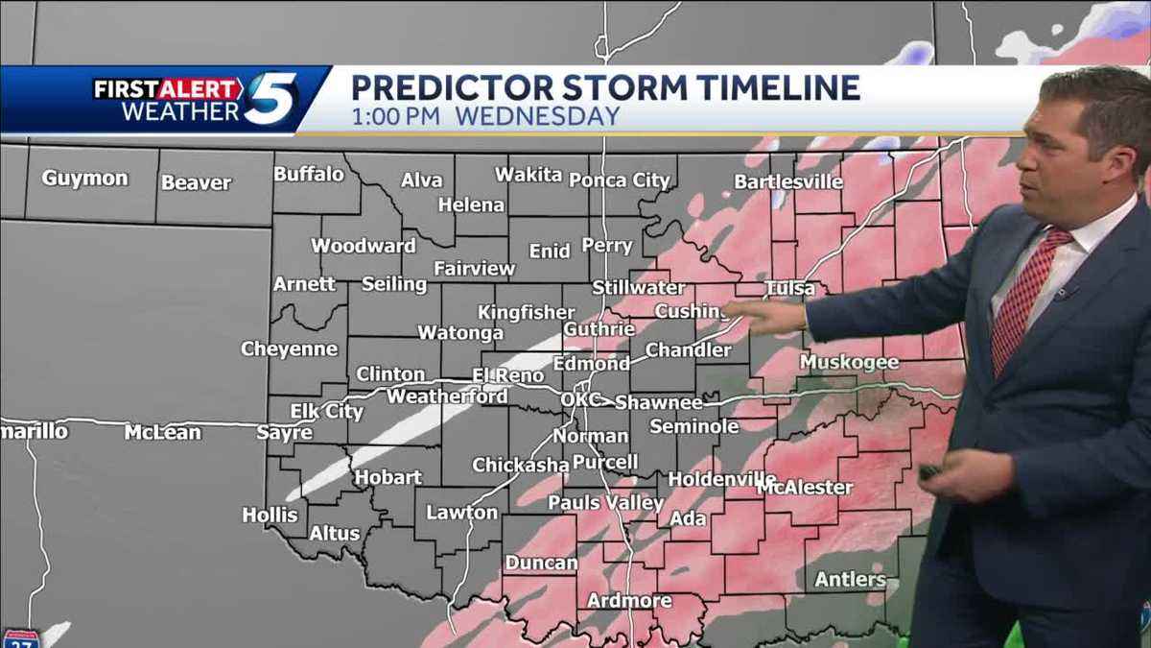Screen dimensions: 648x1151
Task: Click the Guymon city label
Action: coord(84,179)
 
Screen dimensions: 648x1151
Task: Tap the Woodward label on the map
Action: coord(364,246)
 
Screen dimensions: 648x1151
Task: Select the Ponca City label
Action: coord(620,180)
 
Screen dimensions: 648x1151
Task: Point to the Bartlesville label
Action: coord(788,181)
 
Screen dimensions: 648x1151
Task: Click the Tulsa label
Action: coord(789,288)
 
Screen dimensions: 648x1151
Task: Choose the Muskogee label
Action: coord(849,362)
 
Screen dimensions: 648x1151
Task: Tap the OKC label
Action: coord(580,399)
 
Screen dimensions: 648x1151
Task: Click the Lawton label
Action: coord(462,513)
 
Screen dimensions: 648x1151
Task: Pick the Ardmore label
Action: coord(629,601)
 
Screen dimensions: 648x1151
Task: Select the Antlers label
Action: coord(850,579)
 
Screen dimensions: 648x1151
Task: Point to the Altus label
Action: coord(335,534)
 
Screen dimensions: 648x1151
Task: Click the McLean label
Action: coord(163,433)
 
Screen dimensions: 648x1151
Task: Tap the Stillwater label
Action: coord(638,287)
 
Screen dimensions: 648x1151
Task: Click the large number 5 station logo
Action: coord(270,98)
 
